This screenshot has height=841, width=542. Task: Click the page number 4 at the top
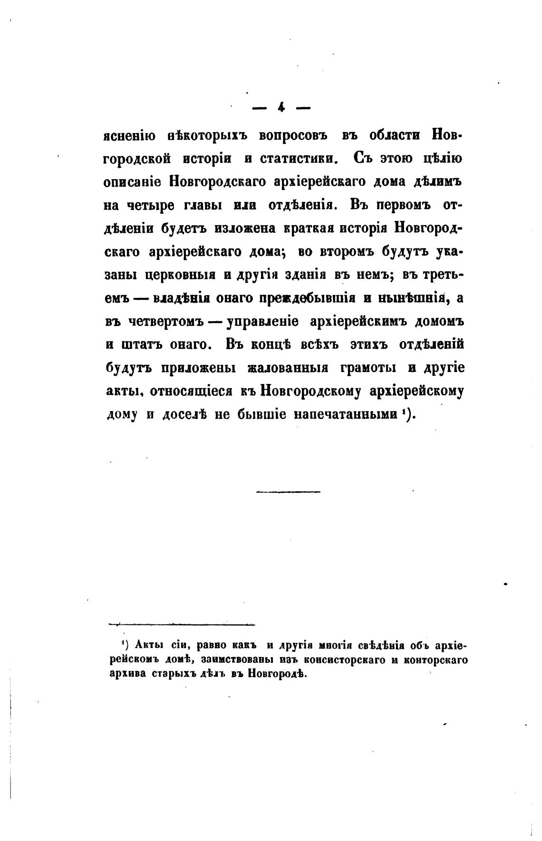281,108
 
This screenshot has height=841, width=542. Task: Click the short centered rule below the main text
288,492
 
